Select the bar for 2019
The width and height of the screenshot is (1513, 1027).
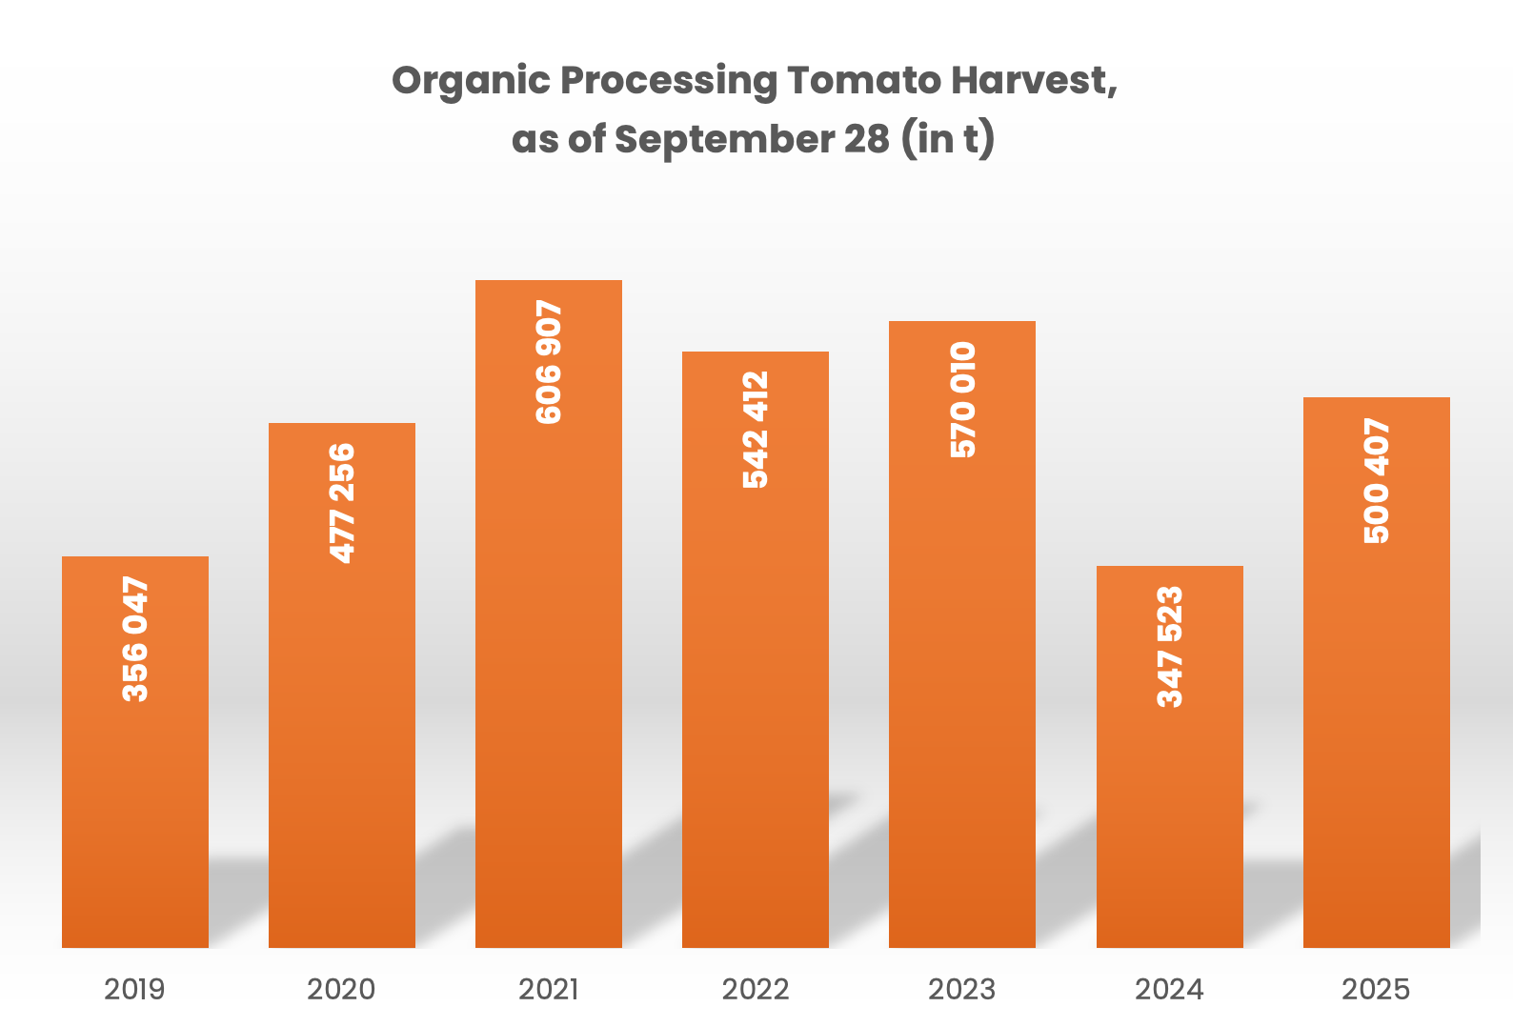coord(135,753)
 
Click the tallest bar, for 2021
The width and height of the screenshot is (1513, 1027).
coord(549,614)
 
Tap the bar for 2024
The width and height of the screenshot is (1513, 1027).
coord(1170,757)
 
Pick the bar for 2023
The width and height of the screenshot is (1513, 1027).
coord(962,634)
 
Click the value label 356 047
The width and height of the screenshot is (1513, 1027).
coord(135,638)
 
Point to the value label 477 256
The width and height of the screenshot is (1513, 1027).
coord(342,503)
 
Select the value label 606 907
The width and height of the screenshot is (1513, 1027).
coord(549,362)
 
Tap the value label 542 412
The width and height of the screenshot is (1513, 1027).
coord(756,430)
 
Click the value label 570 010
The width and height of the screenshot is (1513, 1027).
coord(962,400)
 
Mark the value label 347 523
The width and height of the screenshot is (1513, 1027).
coord(1170,647)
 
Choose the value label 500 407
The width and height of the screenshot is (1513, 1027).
coord(1377,481)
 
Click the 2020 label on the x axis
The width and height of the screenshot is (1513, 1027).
coord(341,990)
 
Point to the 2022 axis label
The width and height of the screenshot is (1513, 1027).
coord(756,990)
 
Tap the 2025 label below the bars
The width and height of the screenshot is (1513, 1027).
coord(1376,990)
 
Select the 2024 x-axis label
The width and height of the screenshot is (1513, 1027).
coord(1169,990)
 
